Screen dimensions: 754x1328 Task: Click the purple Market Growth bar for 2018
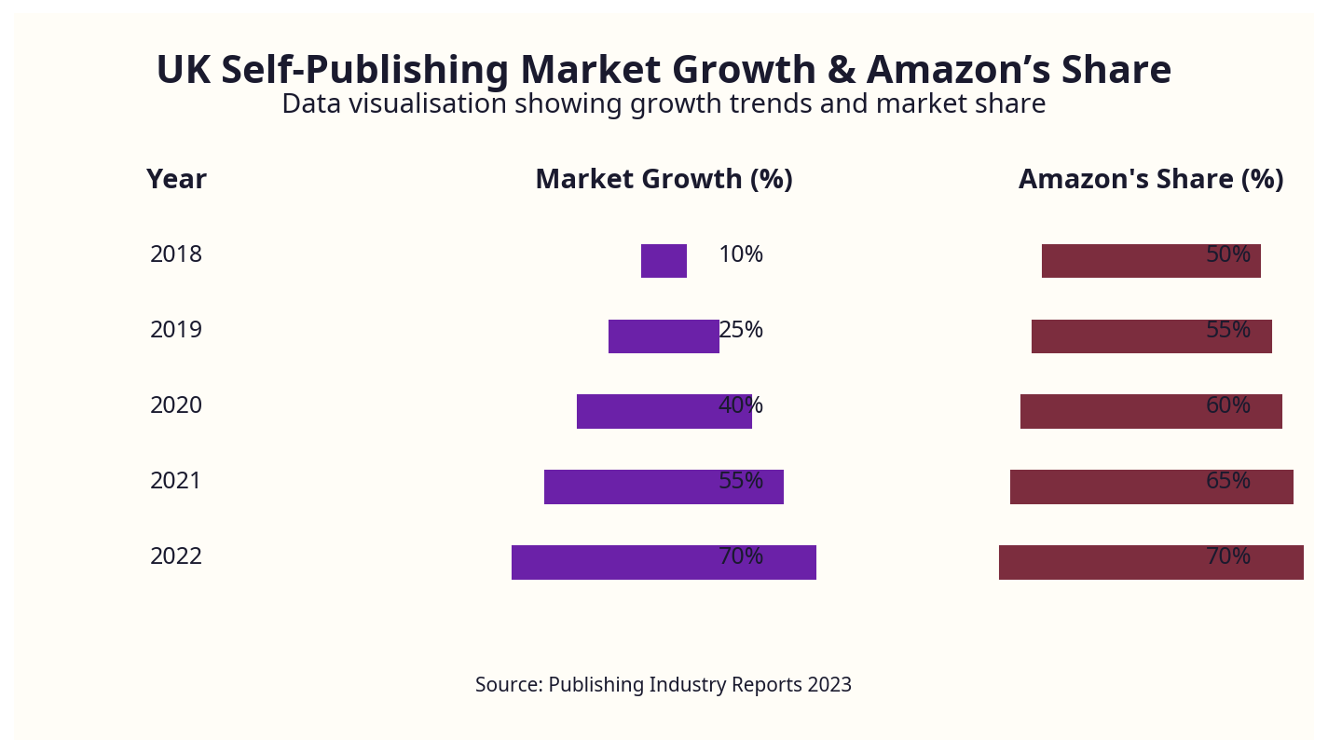tap(664, 261)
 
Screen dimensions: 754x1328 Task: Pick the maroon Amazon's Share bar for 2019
tap(1118, 336)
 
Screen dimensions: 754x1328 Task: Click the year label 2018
tap(176, 254)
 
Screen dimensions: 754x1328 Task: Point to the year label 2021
tap(176, 481)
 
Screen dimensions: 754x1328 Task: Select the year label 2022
tap(176, 556)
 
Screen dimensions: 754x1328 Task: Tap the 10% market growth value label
tap(741, 254)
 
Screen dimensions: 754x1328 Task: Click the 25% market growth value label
tap(742, 330)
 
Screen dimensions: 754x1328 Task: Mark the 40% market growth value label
tap(741, 405)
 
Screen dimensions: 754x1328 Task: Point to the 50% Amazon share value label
tap(1228, 254)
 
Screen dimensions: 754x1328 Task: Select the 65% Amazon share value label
tap(1228, 481)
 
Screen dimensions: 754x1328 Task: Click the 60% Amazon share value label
tap(1228, 405)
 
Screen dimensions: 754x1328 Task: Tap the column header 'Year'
tap(176, 179)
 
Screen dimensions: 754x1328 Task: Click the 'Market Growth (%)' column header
tap(664, 179)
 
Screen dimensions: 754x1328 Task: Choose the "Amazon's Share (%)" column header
tap(1151, 179)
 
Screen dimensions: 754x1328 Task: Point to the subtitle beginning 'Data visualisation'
tap(664, 103)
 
